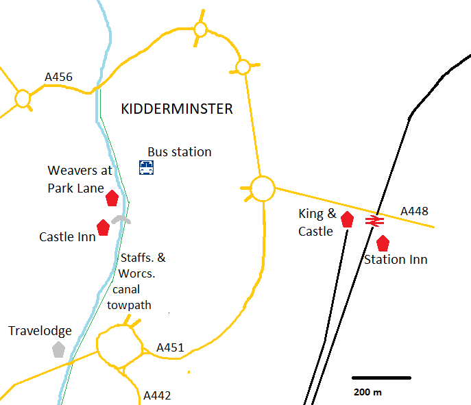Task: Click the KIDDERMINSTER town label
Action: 176,109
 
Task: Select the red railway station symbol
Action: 374,221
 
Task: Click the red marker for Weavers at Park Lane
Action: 112,199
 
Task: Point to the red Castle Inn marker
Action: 104,228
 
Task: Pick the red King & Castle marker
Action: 347,219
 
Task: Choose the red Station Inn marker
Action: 383,243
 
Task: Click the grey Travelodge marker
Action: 58,349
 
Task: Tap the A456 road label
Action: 58,77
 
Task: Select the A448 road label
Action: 413,211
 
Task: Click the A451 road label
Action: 170,348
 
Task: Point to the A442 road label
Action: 157,395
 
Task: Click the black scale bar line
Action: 381,378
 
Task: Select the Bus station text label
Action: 180,152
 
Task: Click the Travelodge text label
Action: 40,331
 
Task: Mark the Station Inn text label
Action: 396,259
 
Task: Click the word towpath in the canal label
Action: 129,305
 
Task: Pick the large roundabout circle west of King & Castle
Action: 262,188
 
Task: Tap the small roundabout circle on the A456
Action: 23,99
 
